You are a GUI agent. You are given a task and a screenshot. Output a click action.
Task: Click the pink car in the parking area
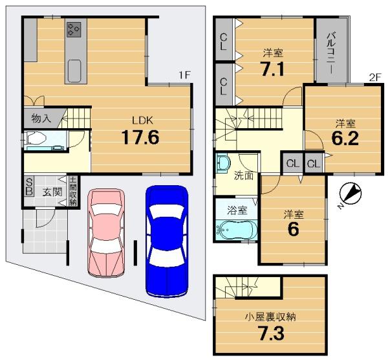pyautogui.click(x=106, y=233)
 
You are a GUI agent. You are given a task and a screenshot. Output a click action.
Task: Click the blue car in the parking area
pyautogui.click(x=167, y=241)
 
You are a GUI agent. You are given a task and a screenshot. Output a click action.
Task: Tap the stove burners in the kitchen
pyautogui.click(x=74, y=30)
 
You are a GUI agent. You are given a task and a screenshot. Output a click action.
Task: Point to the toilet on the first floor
pyautogui.click(x=36, y=138)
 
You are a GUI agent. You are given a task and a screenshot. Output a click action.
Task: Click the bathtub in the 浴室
pyautogui.click(x=237, y=230)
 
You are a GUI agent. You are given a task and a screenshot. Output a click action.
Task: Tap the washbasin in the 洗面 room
pyautogui.click(x=222, y=163)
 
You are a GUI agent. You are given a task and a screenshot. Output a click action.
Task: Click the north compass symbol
pyautogui.click(x=350, y=194)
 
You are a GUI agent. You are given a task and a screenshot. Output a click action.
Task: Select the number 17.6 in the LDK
pyautogui.click(x=140, y=137)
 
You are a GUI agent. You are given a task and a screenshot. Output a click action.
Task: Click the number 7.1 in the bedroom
pyautogui.click(x=272, y=69)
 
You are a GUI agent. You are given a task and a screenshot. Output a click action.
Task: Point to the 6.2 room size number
pyautogui.click(x=345, y=139)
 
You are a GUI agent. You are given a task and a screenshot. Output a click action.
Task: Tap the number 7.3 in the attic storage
pyautogui.click(x=271, y=333)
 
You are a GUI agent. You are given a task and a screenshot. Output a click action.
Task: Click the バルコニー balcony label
pyautogui.click(x=331, y=53)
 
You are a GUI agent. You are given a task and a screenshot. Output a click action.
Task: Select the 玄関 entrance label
pyautogui.click(x=52, y=192)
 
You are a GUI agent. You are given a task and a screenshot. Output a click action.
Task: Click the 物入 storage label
pyautogui.click(x=41, y=118)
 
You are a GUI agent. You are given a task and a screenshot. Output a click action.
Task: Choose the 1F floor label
pyautogui.click(x=184, y=75)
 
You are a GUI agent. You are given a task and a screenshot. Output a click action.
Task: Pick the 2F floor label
pyautogui.click(x=374, y=78)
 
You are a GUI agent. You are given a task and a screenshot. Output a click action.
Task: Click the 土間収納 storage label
pyautogui.click(x=73, y=191)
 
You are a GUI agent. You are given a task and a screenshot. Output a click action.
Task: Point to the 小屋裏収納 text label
pyautogui.click(x=270, y=317)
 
